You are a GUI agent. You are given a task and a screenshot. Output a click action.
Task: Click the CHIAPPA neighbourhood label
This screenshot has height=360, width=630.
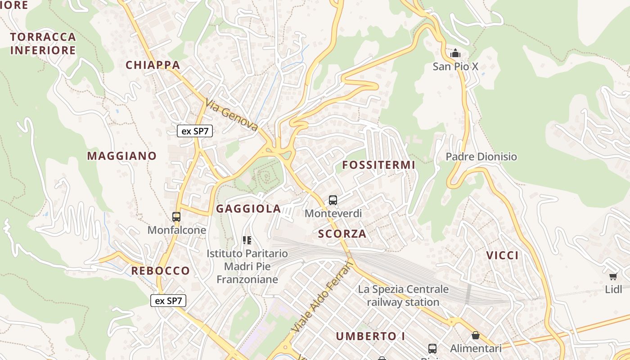click(x=153, y=65)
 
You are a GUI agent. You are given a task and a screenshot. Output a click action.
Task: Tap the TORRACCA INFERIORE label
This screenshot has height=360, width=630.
click(x=43, y=44)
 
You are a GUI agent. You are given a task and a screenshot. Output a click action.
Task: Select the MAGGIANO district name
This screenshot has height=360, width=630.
click(x=122, y=156)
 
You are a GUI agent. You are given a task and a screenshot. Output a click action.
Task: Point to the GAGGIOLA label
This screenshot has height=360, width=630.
click(x=248, y=209)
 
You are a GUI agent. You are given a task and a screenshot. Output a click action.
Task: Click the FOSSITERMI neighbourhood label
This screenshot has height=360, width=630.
click(x=378, y=165)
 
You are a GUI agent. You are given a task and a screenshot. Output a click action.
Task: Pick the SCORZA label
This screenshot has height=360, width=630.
click(x=342, y=234)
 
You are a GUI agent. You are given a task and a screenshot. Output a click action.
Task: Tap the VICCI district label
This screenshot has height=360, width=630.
click(x=502, y=256)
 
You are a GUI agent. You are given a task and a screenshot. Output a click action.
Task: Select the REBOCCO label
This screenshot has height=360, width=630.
click(x=160, y=271)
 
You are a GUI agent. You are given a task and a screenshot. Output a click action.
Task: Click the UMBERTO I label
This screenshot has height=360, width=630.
click(x=371, y=336)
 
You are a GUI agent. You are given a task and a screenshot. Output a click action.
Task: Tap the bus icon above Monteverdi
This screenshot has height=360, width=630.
click(x=333, y=200)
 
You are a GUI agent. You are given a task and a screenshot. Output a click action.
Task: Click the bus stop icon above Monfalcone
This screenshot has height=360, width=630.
click(x=176, y=217)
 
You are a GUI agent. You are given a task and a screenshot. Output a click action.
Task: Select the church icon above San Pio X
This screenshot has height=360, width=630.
click(x=455, y=54)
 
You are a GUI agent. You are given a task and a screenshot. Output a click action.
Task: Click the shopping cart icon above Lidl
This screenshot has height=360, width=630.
click(x=613, y=276)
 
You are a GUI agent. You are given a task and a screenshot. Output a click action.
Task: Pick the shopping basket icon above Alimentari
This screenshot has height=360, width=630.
click(x=476, y=336)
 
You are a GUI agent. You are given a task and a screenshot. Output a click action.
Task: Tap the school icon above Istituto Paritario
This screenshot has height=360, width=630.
click(x=247, y=240)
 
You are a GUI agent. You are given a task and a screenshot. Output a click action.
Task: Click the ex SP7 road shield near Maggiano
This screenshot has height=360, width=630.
click(x=195, y=131)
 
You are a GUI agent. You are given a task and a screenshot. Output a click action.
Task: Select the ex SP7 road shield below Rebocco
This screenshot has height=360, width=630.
click(x=168, y=301)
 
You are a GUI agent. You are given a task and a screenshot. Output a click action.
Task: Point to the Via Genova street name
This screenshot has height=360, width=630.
click(x=231, y=115)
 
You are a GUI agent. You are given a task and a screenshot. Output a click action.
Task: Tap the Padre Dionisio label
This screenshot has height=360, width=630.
click(x=481, y=157)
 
